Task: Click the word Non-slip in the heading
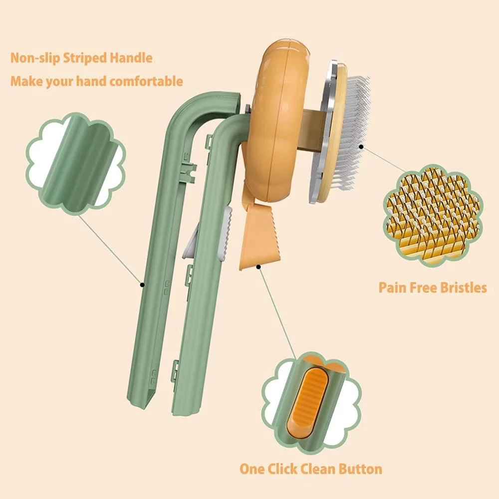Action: coord(34,58)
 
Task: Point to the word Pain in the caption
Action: coord(391,288)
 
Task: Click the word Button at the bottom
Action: coord(359,469)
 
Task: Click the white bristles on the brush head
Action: coord(354,135)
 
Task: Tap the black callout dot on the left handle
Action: coord(142,285)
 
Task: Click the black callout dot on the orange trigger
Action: coord(259,267)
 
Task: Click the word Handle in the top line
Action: coord(132,58)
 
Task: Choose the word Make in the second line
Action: coord(25,81)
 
